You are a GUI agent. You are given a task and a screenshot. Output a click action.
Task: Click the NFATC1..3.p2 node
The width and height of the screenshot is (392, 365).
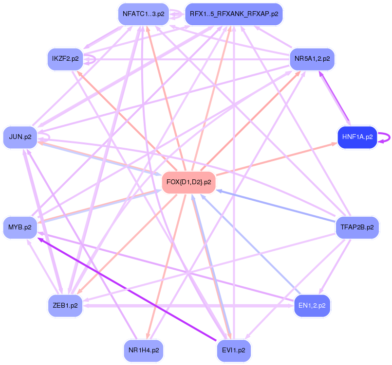point(143,14)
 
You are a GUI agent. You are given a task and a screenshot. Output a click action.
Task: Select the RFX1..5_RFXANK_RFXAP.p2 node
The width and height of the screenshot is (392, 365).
point(234,14)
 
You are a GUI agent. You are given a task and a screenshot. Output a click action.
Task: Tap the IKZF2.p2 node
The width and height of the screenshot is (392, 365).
point(65,59)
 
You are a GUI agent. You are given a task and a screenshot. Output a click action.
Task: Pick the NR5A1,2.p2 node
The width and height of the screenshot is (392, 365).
point(312,59)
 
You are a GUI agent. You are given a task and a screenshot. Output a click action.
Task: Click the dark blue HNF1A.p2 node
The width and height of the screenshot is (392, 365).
point(357,137)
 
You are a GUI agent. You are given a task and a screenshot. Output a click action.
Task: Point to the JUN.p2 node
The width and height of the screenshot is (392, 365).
point(20,137)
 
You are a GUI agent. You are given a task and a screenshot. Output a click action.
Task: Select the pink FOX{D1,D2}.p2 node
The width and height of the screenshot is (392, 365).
point(188,182)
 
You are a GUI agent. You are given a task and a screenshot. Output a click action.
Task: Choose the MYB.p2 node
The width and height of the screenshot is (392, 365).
point(20,227)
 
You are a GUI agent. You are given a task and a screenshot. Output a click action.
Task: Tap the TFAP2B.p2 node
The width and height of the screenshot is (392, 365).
point(357,227)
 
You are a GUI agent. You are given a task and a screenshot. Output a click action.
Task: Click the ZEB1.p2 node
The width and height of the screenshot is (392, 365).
point(65,306)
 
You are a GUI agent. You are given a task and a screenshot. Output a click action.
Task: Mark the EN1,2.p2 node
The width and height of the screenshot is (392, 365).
point(312,306)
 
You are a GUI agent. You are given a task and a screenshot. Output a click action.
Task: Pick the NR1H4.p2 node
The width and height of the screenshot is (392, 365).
point(143,350)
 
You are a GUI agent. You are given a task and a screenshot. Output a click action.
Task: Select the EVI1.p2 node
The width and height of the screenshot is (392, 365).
point(234,350)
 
